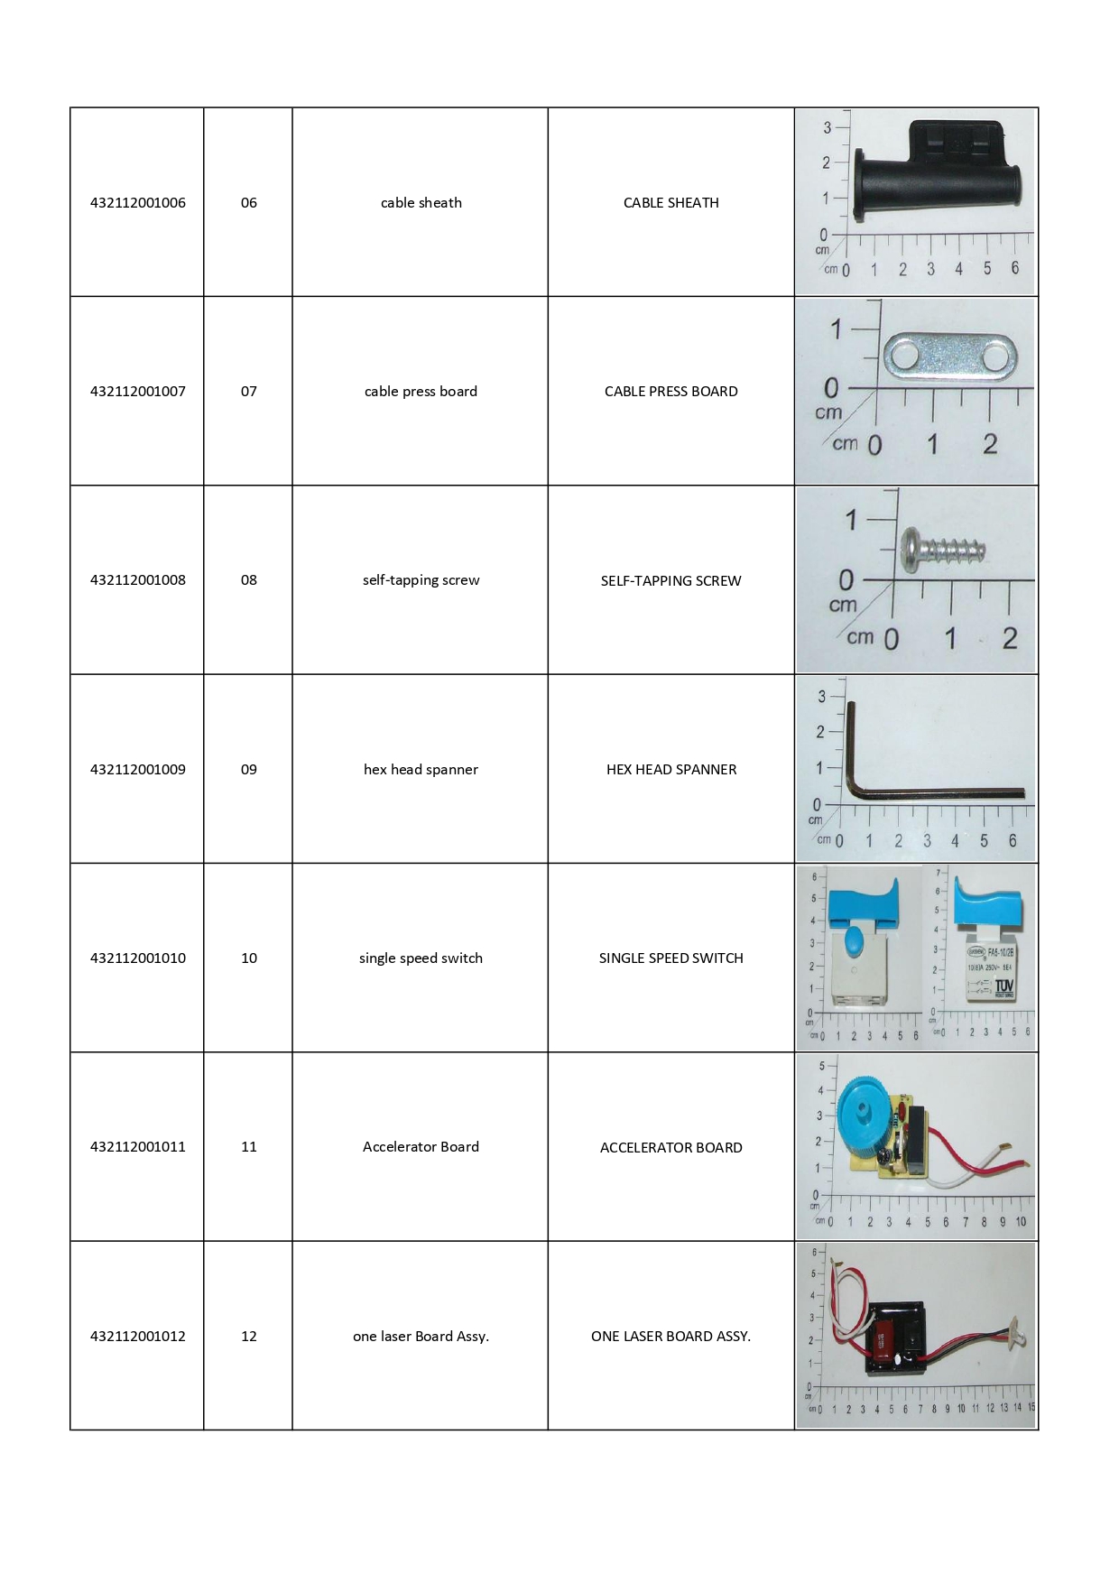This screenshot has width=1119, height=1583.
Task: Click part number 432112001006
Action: click(x=138, y=202)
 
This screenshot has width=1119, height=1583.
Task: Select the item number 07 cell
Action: click(x=249, y=391)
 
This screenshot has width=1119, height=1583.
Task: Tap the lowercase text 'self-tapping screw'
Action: click(x=421, y=579)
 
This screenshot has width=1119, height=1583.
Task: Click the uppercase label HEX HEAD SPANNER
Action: click(x=670, y=769)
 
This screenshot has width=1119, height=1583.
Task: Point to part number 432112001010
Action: click(x=138, y=958)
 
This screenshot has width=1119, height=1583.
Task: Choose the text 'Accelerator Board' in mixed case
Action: click(x=421, y=1146)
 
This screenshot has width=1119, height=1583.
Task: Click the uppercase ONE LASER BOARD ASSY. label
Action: click(x=670, y=1336)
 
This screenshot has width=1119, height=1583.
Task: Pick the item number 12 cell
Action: click(x=249, y=1336)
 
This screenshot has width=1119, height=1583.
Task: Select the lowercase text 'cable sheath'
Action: click(x=421, y=202)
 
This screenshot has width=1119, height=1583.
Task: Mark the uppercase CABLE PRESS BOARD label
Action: click(x=670, y=391)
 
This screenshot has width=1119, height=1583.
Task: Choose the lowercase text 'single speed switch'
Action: click(x=421, y=958)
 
